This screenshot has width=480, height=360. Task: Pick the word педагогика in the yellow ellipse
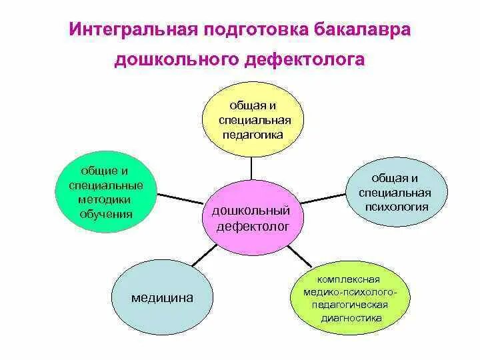tap(253, 134)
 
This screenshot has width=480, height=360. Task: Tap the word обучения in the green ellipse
tap(106, 214)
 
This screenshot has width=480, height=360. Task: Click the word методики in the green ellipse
tap(106, 199)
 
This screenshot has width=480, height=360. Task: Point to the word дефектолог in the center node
tap(252, 226)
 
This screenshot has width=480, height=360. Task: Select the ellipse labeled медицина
tap(162, 297)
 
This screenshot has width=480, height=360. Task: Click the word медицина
tap(162, 297)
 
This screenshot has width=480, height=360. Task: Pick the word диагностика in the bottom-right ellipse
tap(351, 317)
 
